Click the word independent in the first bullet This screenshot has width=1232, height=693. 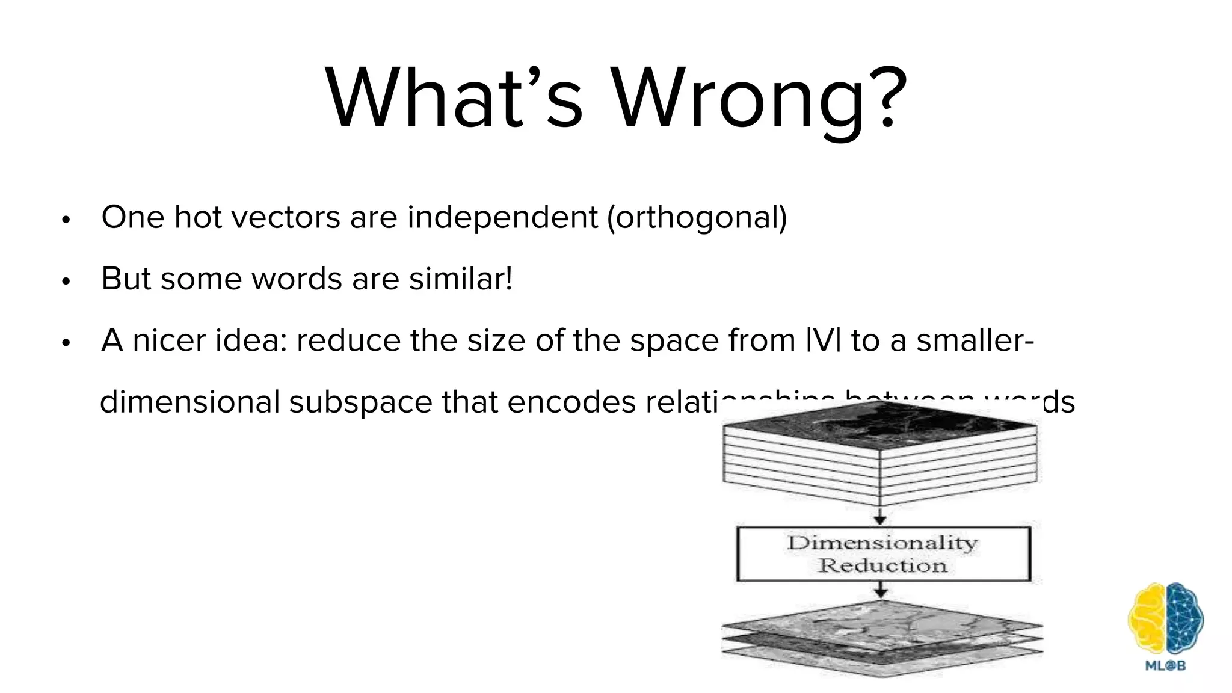[502, 217]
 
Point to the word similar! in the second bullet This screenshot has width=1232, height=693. [461, 279]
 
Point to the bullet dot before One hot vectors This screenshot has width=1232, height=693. [66, 220]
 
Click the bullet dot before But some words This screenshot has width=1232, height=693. [66, 281]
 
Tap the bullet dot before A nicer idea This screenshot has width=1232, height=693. [66, 343]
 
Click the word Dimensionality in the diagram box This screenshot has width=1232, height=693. [882, 543]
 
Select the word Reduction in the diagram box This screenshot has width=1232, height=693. [882, 565]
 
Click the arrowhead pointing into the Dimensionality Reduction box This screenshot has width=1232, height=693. [880, 519]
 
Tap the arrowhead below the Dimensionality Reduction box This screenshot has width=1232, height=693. [881, 593]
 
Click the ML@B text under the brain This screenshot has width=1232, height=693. [1165, 665]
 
